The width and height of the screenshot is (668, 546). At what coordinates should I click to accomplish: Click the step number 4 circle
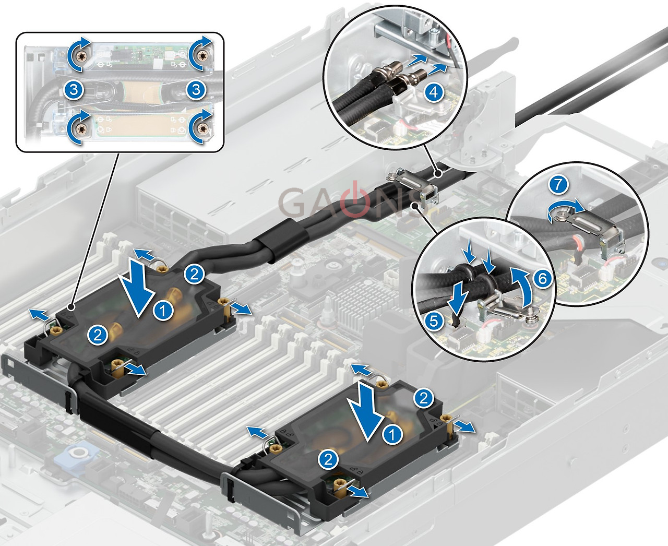(434, 92)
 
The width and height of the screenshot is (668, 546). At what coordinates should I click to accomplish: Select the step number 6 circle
(542, 279)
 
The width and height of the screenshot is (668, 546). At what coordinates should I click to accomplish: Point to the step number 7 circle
(558, 185)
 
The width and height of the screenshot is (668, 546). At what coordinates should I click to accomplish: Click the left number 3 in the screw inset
(73, 90)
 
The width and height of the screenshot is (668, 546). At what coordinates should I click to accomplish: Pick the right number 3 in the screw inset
(196, 90)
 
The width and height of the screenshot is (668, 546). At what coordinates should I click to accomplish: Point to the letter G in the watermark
(293, 201)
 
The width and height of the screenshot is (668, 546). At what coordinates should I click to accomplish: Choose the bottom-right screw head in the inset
(201, 128)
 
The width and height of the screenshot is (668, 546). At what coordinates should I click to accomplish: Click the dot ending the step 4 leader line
(438, 174)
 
